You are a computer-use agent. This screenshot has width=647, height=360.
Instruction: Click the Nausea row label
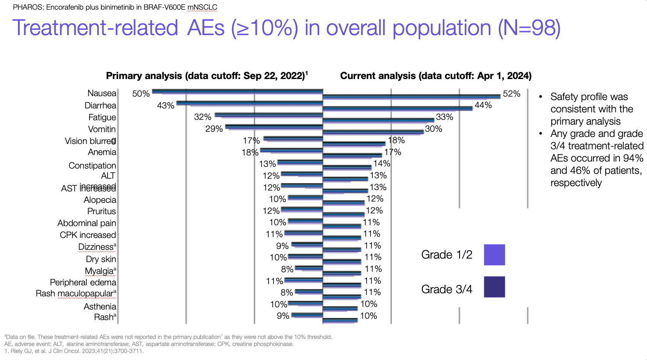102,93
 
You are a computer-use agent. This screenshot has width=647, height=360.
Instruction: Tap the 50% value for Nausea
141,94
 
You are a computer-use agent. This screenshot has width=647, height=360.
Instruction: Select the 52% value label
511,94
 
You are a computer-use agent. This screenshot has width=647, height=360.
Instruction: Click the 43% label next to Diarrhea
165,105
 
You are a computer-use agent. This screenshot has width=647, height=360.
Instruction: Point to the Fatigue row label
102,117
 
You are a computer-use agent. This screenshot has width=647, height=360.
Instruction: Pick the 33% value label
444,117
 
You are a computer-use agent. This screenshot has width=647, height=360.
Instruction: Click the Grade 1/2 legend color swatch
494,255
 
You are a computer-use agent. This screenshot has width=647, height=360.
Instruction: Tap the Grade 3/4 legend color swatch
494,287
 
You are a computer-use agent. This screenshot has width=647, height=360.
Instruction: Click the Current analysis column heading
435,76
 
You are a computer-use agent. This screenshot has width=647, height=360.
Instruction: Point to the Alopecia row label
100,200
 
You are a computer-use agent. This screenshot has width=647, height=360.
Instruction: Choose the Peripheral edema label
83,282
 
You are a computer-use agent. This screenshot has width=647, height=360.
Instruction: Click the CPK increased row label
88,235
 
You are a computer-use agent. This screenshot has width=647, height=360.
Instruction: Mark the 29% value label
214,129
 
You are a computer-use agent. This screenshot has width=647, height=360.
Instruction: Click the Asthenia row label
100,306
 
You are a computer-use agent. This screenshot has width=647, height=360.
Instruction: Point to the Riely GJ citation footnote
74,351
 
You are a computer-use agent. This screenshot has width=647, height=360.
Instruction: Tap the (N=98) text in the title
529,28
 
